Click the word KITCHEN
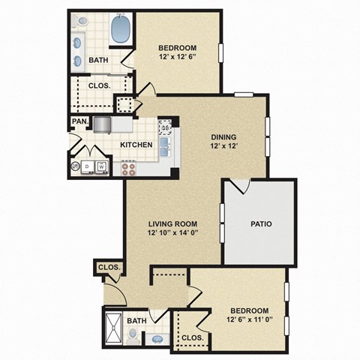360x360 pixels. pyautogui.click(x=136, y=144)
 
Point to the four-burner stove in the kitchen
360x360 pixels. pyautogui.click(x=128, y=167)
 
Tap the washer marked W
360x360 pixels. pyautogui.click(x=101, y=166)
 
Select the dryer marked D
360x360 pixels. pyautogui.click(x=88, y=166)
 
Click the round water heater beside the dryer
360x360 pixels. pyautogui.click(x=75, y=166)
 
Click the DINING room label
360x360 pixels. pyautogui.click(x=223, y=136)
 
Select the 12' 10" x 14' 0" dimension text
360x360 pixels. pyautogui.click(x=172, y=232)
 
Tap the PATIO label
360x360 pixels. pyautogui.click(x=260, y=223)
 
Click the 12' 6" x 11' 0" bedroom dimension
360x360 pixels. pyautogui.click(x=250, y=320)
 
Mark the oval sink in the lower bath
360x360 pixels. pyautogui.click(x=158, y=339)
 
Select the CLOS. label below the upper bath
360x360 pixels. pyautogui.click(x=99, y=85)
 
